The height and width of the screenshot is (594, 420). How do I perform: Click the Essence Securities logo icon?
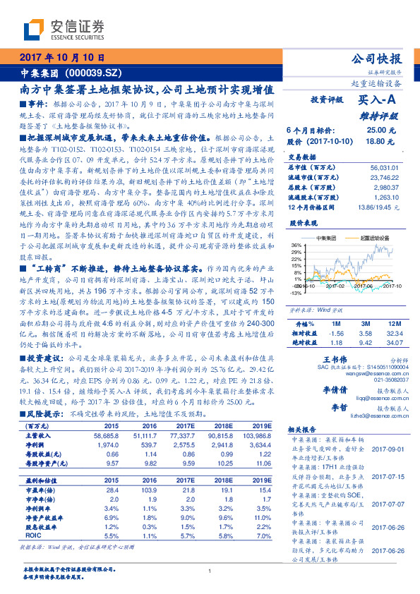pos(34,30)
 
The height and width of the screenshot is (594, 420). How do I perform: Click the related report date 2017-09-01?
pos(388,449)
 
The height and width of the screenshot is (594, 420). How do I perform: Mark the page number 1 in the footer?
pos(210,571)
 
